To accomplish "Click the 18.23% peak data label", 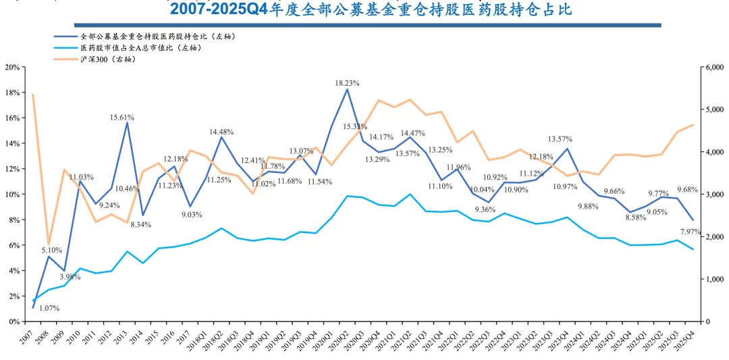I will [347, 83].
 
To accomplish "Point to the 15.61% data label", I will [122, 117].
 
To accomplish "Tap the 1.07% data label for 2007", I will [49, 308].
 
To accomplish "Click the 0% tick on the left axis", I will [13, 322].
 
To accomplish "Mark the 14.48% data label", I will [221, 132].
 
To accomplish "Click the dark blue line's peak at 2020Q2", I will [347, 90].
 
